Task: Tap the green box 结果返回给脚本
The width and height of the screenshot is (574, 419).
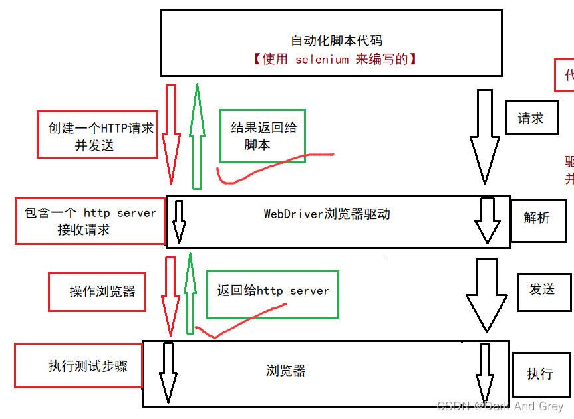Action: (x=263, y=135)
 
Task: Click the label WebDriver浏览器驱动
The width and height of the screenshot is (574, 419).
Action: (x=327, y=214)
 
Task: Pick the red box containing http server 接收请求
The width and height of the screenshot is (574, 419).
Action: (x=90, y=221)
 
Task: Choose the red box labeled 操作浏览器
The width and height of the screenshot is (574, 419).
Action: (x=97, y=292)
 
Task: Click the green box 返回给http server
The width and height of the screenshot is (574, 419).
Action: (x=273, y=294)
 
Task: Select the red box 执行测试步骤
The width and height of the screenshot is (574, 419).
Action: (x=78, y=365)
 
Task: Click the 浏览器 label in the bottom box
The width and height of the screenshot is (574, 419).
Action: (x=286, y=371)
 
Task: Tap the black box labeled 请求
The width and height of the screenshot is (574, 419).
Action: (x=531, y=118)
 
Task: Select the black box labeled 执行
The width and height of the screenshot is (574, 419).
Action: (x=540, y=374)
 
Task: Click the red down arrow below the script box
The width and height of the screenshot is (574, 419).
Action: (x=171, y=133)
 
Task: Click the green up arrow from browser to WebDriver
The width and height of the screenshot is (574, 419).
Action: (x=190, y=292)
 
